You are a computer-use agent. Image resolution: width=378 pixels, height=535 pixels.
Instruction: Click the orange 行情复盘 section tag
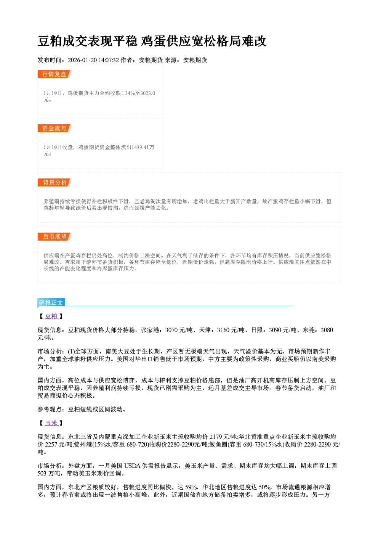coord(54,74)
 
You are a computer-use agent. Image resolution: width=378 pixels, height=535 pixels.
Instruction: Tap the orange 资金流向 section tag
coord(54,128)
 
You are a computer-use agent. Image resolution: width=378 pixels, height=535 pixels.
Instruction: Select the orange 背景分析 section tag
coord(54,183)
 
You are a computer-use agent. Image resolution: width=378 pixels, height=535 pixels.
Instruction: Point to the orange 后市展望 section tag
coord(54,237)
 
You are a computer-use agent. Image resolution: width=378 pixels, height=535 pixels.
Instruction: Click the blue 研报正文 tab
coord(51,303)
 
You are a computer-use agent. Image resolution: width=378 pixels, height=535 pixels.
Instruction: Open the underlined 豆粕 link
coord(51,316)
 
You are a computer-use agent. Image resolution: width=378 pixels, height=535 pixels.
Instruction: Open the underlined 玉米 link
coord(51,423)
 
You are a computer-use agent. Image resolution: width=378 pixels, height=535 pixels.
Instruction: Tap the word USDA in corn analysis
coord(132,466)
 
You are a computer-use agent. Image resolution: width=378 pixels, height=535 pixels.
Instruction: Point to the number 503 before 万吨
coord(42,473)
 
